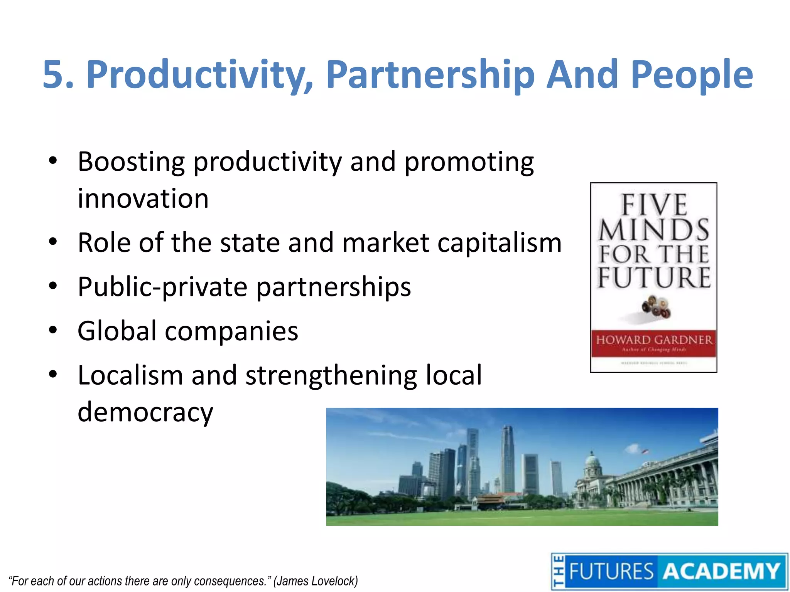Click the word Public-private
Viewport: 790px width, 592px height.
(x=162, y=287)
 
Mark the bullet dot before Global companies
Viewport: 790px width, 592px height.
(x=53, y=330)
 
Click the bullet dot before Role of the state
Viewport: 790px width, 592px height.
(x=53, y=242)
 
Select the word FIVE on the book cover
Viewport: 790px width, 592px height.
(x=654, y=205)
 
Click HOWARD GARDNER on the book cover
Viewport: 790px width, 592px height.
(x=654, y=340)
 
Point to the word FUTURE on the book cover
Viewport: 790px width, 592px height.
(x=654, y=277)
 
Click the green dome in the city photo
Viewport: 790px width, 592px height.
(x=592, y=461)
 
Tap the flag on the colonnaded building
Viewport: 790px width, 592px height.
(x=644, y=451)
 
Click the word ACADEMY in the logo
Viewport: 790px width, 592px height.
(x=722, y=572)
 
